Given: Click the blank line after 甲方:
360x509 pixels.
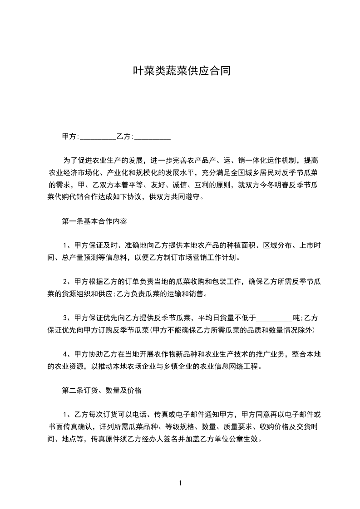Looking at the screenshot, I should click(98, 136).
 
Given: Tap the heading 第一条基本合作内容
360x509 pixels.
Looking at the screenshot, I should click(94, 222).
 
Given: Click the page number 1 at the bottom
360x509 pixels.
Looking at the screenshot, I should click(180, 483).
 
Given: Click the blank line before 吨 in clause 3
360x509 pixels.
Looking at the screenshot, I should click(275, 317).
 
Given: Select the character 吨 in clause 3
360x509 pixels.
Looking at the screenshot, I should click(296, 317).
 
